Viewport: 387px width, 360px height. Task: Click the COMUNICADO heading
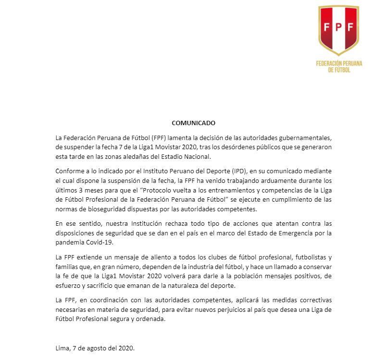(193, 123)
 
